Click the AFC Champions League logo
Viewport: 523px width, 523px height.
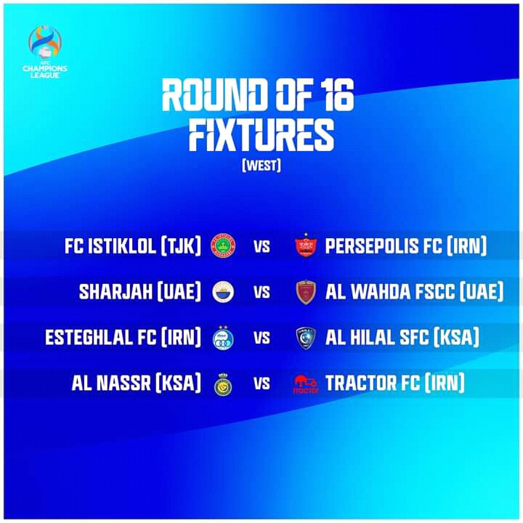coord(45,52)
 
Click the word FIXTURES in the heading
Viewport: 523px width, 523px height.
coord(261,135)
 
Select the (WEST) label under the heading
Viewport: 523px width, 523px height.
coord(261,166)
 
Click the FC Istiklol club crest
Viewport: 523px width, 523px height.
coord(223,246)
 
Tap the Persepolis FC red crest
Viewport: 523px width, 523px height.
coord(306,246)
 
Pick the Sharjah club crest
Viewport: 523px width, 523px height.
coord(223,292)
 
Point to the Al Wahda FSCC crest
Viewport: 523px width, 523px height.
coord(306,292)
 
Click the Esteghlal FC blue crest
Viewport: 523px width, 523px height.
coord(223,338)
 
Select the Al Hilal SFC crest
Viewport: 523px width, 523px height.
coord(306,338)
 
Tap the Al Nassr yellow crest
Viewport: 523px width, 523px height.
coord(223,384)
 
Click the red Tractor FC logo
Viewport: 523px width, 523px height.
coord(306,384)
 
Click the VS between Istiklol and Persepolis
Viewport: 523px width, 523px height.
coord(261,246)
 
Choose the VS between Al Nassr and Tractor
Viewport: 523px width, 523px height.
coord(261,384)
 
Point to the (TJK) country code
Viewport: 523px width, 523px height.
coord(181,246)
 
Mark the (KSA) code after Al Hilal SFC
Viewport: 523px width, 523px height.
coord(456,337)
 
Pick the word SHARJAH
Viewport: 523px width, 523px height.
coord(115,292)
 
